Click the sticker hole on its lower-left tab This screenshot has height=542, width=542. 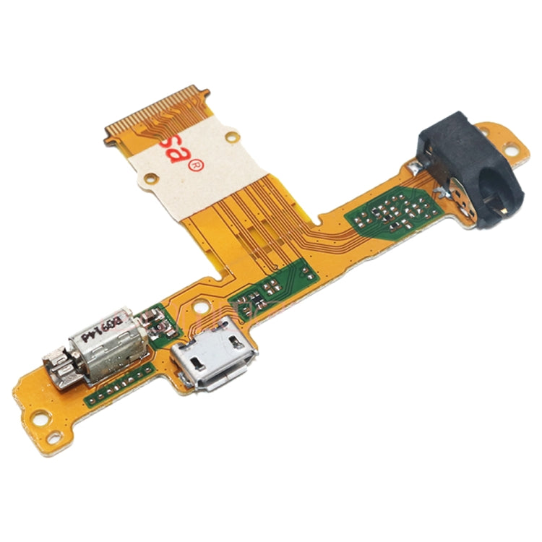point(150,178)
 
